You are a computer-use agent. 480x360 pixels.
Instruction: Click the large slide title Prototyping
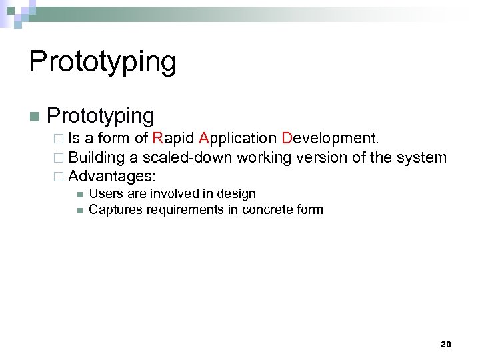[103, 62]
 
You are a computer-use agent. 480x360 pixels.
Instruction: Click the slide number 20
[446, 344]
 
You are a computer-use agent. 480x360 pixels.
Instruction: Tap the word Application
[238, 139]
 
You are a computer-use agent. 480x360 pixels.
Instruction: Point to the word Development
[330, 139]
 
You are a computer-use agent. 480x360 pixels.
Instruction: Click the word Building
[97, 158]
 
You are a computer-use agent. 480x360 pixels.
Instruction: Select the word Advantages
[112, 177]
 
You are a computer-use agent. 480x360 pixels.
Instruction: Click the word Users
[105, 194]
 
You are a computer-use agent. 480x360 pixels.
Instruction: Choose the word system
[421, 158]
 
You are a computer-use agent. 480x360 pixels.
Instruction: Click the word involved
[171, 194]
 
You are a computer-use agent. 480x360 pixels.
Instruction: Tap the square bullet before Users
[79, 195]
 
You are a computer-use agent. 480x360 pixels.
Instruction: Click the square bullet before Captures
[79, 211]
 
